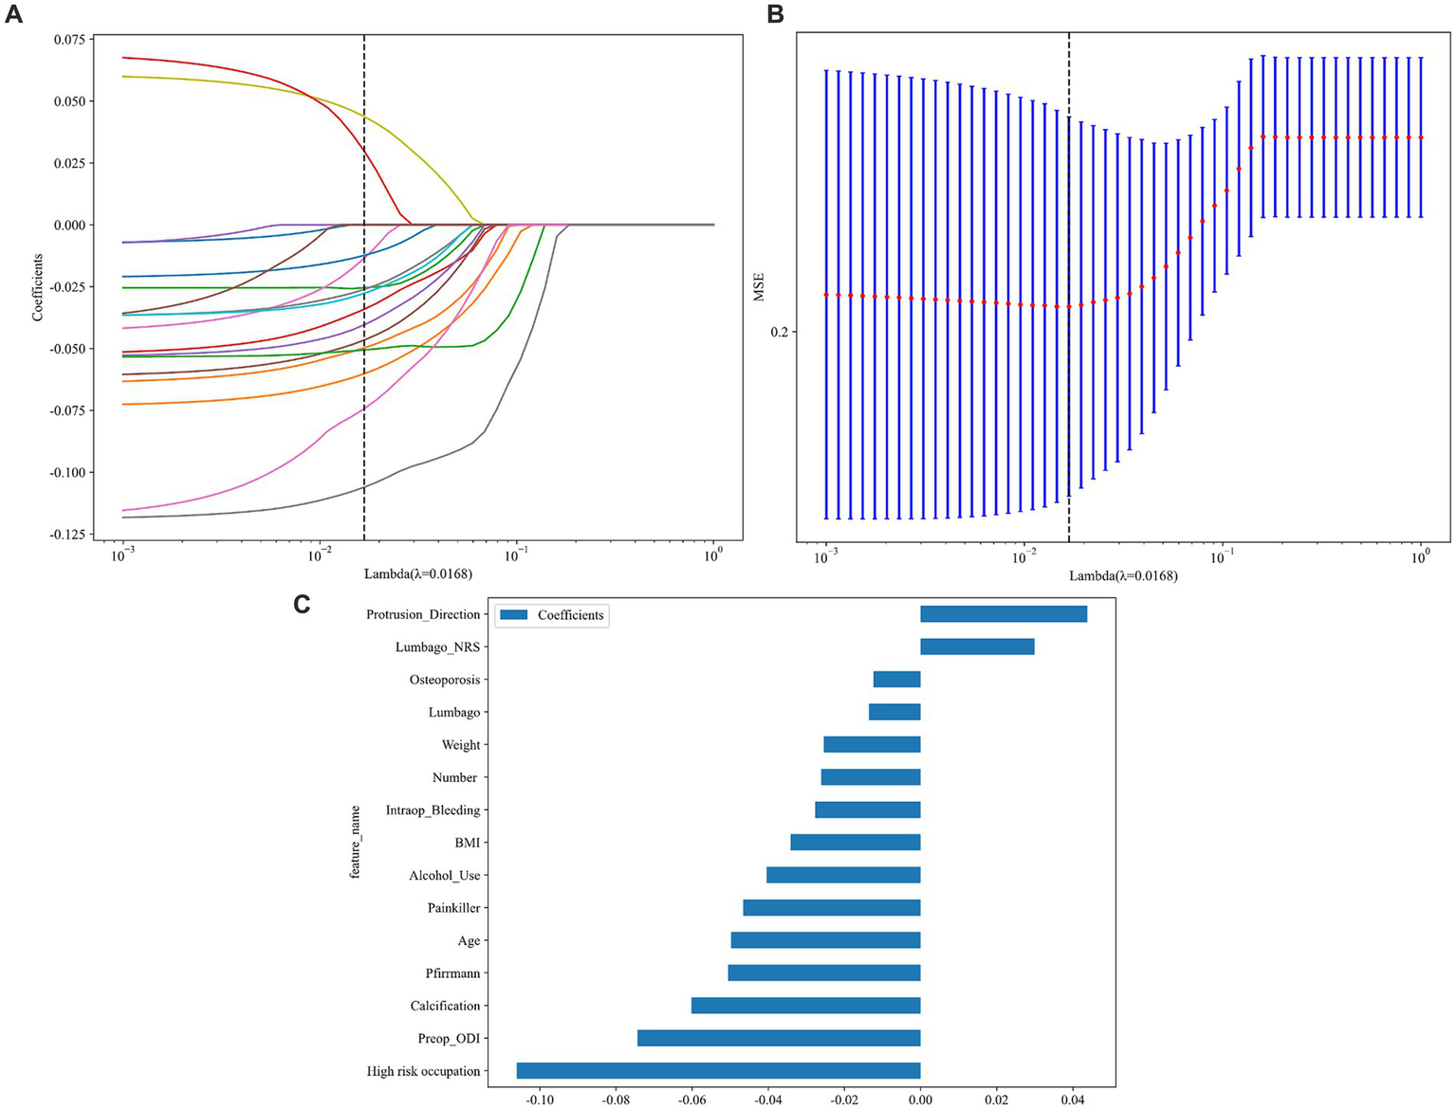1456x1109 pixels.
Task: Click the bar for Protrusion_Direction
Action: pos(1003,614)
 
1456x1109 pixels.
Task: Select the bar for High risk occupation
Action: pos(718,1071)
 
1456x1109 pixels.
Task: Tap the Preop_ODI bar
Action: pos(779,1038)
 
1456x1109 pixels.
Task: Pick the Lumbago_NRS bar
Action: pos(977,646)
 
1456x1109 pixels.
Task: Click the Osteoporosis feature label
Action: pos(444,680)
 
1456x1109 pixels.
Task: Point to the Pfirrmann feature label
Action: pos(452,973)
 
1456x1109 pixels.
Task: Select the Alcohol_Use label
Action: pos(444,875)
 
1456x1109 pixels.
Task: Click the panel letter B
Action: pos(775,14)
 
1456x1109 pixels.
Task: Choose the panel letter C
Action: pos(302,604)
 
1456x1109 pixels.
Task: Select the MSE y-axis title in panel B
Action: pos(759,287)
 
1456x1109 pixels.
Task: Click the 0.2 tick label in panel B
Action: pos(779,333)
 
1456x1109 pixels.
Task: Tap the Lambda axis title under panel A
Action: pos(417,573)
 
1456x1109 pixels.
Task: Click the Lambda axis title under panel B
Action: pos(1123,575)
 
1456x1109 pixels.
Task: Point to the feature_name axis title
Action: pos(356,842)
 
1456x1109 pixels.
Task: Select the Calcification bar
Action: pos(806,1006)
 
